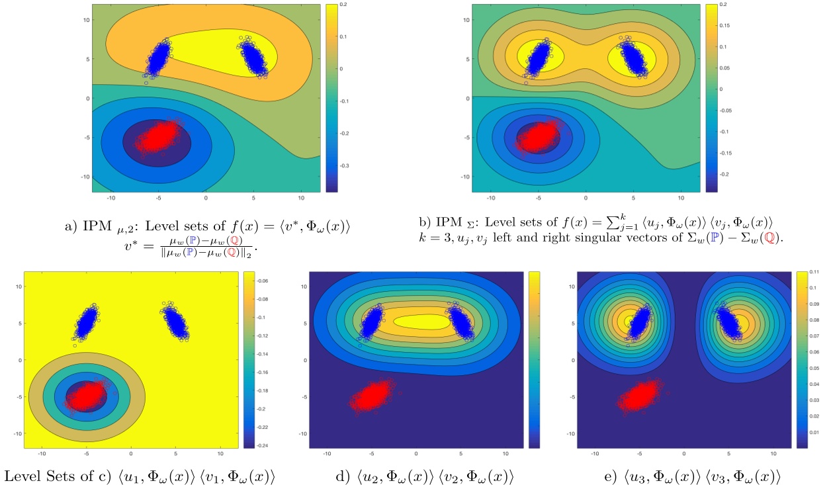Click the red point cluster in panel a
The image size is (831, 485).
tap(159, 136)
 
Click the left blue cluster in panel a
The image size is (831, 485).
tap(157, 59)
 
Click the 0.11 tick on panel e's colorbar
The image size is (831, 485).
tap(816, 272)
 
